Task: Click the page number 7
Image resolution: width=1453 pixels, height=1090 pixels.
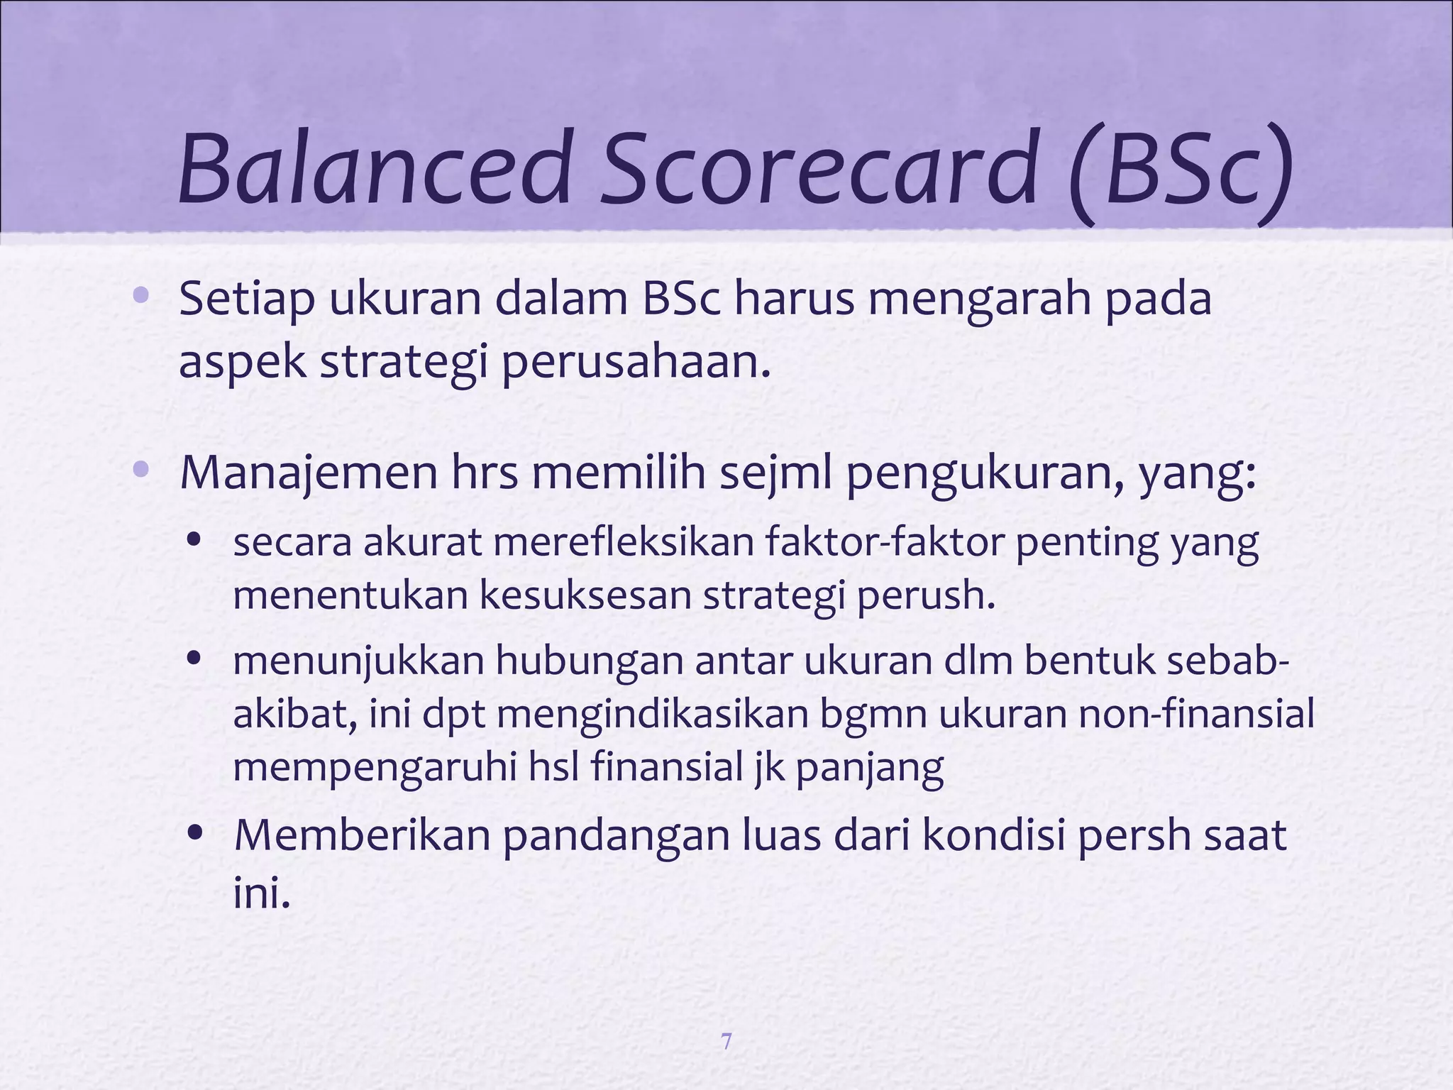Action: point(726,1042)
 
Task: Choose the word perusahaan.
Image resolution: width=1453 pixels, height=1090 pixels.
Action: point(636,363)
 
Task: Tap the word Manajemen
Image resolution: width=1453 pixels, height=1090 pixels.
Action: point(309,473)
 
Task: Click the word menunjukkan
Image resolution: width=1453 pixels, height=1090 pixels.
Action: point(358,661)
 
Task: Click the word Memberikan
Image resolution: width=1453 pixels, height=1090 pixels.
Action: point(363,836)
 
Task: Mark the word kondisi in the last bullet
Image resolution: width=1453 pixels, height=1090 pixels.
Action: point(993,836)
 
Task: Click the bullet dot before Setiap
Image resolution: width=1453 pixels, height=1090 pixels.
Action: point(140,295)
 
